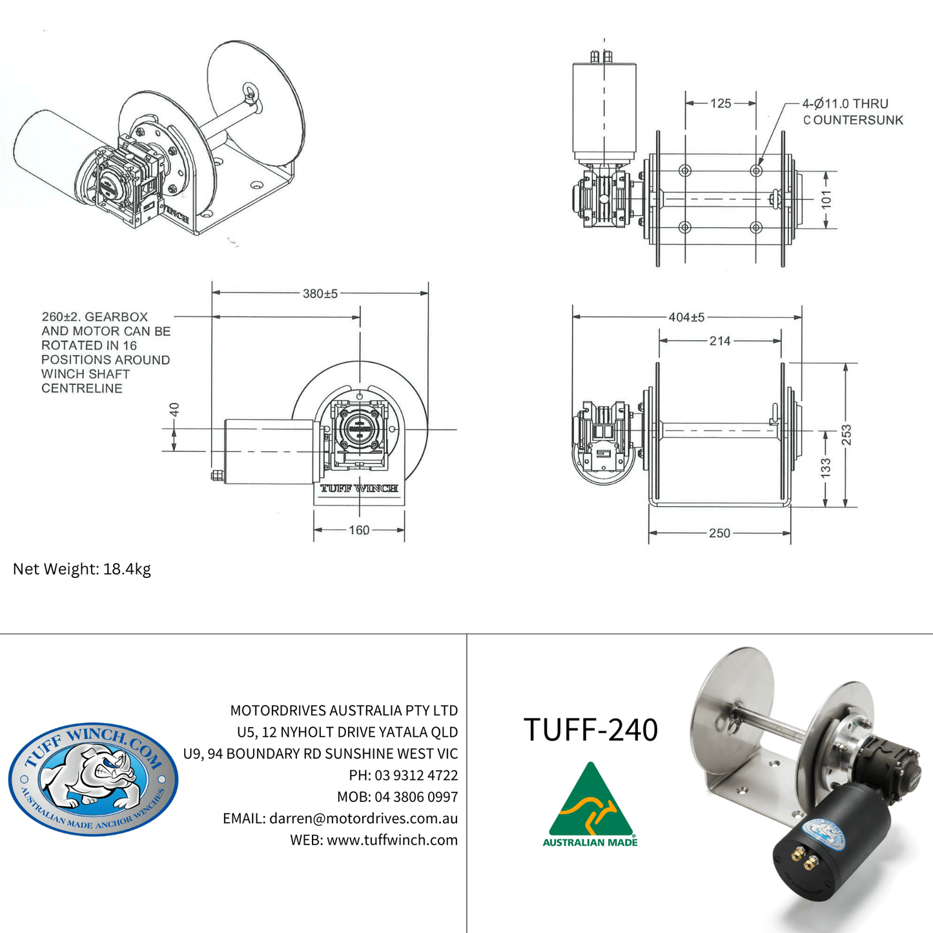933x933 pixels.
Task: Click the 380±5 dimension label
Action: pyautogui.click(x=320, y=294)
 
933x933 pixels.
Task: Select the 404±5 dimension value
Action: pyautogui.click(x=686, y=317)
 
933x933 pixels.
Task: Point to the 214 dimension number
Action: pyautogui.click(x=720, y=341)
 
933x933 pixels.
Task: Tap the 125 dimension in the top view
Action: pyautogui.click(x=721, y=103)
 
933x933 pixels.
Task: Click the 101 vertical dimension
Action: pyautogui.click(x=826, y=200)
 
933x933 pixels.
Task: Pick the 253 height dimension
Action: pyautogui.click(x=846, y=435)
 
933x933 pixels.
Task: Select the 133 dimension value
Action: pyautogui.click(x=826, y=469)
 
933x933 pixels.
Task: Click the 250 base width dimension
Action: pyautogui.click(x=719, y=533)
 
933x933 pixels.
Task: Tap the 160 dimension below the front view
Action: pyautogui.click(x=359, y=530)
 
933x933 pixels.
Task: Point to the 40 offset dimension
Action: pyautogui.click(x=174, y=410)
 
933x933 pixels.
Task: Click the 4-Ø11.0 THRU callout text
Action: pyautogui.click(x=845, y=104)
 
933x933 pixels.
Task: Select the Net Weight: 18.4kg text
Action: pyautogui.click(x=82, y=569)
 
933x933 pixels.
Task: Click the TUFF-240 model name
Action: pyautogui.click(x=590, y=730)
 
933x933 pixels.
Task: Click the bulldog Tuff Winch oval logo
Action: pyautogui.click(x=93, y=779)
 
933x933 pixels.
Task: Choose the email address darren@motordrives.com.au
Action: pyautogui.click(x=363, y=818)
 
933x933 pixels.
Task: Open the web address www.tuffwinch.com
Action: pyautogui.click(x=392, y=840)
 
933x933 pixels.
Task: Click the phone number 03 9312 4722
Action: pyautogui.click(x=416, y=775)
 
